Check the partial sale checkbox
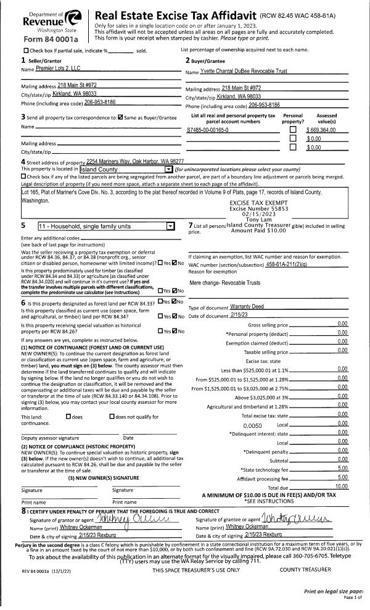coord(25,50)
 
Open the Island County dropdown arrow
coord(168,169)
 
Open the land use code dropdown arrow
coord(171,226)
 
